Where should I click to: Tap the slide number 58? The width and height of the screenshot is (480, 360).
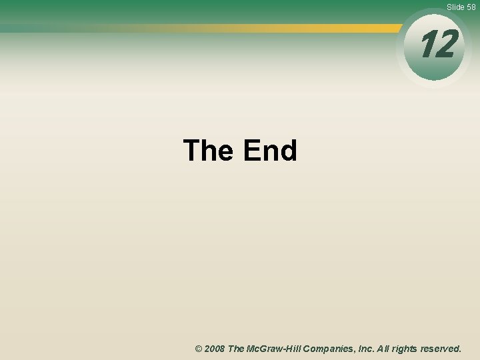click(x=471, y=7)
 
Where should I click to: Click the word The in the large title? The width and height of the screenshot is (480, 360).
click(x=208, y=151)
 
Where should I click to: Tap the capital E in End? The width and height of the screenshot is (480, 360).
click(x=251, y=151)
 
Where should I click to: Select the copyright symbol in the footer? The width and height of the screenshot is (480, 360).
click(x=199, y=349)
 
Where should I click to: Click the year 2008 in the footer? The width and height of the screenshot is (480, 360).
click(x=215, y=349)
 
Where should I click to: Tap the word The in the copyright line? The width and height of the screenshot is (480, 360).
click(x=237, y=349)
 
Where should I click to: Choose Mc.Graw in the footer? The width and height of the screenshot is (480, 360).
click(x=265, y=349)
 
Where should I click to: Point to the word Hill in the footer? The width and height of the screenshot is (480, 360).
click(x=296, y=349)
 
